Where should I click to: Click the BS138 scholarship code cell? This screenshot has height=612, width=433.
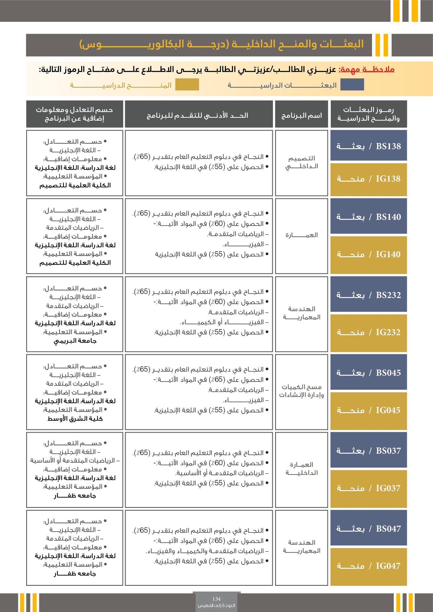(369, 146)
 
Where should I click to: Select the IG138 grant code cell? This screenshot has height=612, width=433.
(369, 179)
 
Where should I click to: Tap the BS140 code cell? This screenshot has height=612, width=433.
(369, 217)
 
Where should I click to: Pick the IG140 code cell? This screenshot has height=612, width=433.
(369, 254)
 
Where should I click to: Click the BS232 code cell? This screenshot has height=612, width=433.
(369, 295)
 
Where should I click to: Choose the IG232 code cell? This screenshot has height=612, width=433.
(369, 332)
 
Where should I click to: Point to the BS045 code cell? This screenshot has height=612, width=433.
(369, 373)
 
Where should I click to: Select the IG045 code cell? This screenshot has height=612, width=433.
(369, 410)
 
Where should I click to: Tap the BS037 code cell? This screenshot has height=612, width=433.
(369, 451)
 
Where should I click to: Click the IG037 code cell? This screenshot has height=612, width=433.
(369, 488)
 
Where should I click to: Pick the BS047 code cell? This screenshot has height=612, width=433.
(369, 528)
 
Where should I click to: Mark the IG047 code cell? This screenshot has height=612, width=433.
(369, 566)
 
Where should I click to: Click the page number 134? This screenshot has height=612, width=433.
(216, 599)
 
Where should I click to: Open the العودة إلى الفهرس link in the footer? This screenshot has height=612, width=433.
(216, 605)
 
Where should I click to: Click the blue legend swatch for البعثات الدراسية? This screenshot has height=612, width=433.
(352, 85)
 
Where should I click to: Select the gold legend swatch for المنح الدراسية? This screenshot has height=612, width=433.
(187, 85)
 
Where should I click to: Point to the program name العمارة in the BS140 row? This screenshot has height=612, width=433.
(301, 235)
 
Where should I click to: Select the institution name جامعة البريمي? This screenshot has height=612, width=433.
(75, 341)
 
